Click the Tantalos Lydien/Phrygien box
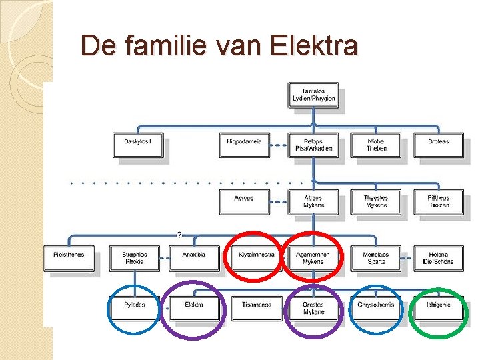(313, 95)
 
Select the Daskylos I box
(138, 145)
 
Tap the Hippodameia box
(244, 145)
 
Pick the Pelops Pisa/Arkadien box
(313, 145)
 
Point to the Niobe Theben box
(376, 145)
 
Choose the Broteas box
(438, 145)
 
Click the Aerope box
(244, 201)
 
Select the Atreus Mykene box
(313, 201)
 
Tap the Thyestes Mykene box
(376, 201)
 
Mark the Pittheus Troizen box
(438, 201)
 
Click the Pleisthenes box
(69, 258)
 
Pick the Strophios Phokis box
(135, 258)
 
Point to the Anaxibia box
(194, 258)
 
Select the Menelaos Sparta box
(376, 258)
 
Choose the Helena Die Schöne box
(438, 258)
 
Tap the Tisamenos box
(256, 308)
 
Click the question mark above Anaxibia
(179, 235)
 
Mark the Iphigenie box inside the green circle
(438, 307)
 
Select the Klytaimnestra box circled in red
(256, 257)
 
